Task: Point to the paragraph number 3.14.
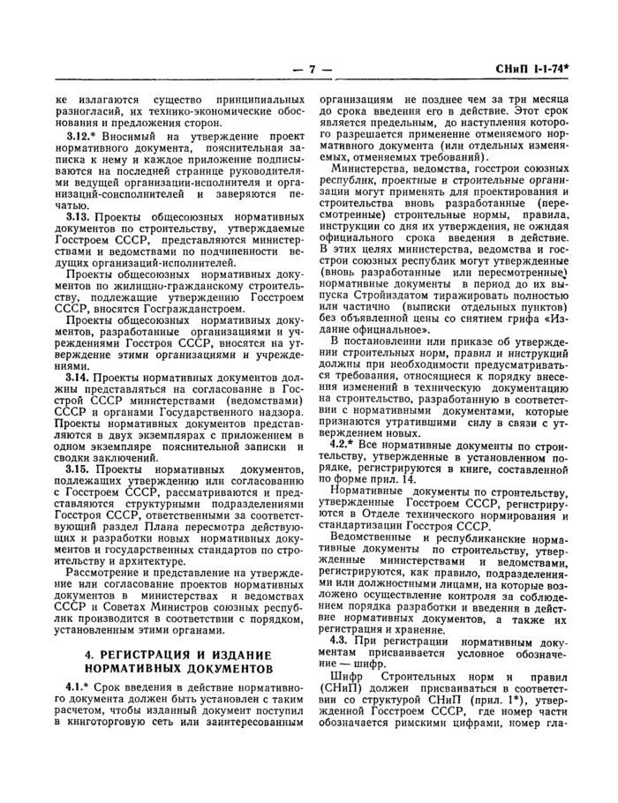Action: [79, 376]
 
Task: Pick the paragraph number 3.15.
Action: [79, 469]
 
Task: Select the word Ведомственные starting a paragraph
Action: [374, 536]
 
